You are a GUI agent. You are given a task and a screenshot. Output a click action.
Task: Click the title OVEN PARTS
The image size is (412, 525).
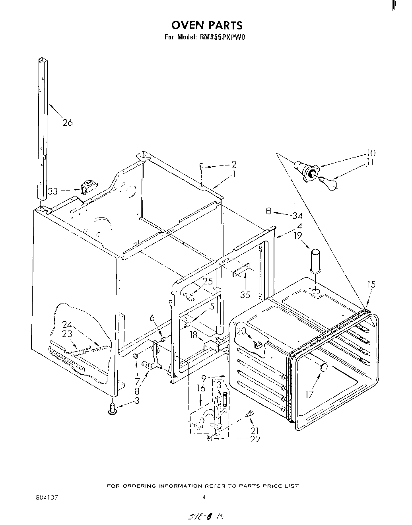[206, 25]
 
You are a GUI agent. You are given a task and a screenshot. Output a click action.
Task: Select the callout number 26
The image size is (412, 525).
[68, 122]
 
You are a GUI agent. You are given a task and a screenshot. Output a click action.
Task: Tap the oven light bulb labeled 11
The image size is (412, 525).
[330, 183]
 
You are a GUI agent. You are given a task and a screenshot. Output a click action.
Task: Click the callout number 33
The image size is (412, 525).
[53, 191]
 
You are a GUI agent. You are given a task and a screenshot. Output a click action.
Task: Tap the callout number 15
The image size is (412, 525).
[371, 284]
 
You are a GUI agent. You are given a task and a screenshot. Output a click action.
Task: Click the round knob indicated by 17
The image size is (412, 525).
[323, 367]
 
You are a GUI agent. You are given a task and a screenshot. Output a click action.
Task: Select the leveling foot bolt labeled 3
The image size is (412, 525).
[112, 408]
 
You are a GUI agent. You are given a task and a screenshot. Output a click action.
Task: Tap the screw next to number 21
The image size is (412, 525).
[250, 414]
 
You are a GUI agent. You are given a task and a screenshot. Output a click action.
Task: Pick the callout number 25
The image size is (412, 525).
[208, 282]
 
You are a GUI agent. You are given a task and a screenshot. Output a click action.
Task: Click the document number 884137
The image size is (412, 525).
[47, 497]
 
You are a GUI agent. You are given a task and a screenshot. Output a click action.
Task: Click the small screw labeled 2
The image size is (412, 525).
[202, 166]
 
